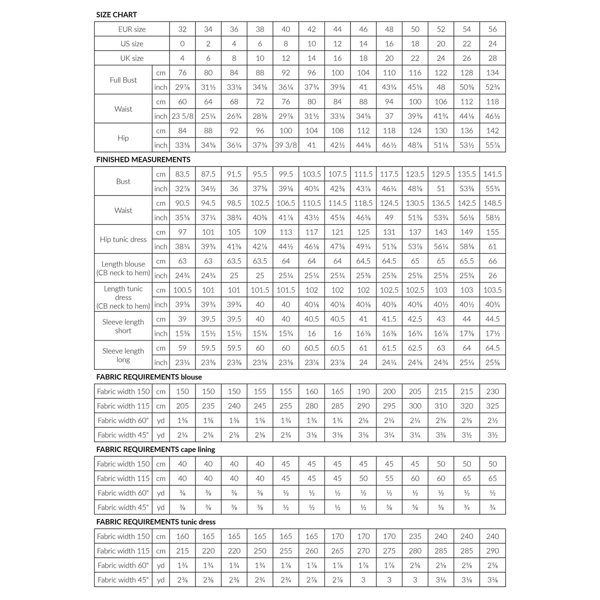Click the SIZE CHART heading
[x=116, y=15]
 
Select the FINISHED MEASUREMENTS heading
[x=143, y=159]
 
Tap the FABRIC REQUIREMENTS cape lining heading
[x=155, y=449]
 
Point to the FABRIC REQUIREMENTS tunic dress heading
[x=156, y=522]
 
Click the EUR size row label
[x=132, y=29]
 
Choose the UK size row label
[x=132, y=58]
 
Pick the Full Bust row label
[x=123, y=80]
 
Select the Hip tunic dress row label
[x=123, y=240]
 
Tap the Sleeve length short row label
[x=123, y=326]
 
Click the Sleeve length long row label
[x=123, y=355]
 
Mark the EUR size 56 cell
[x=492, y=29]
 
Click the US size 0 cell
[x=182, y=44]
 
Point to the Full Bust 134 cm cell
[x=492, y=73]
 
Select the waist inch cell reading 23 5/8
[x=182, y=116]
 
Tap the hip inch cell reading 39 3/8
[x=286, y=145]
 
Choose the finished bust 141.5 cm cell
[x=492, y=174]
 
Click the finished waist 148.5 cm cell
[x=492, y=203]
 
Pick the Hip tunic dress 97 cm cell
[x=182, y=232]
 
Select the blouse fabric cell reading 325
[x=492, y=406]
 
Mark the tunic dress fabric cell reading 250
[x=260, y=551]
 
